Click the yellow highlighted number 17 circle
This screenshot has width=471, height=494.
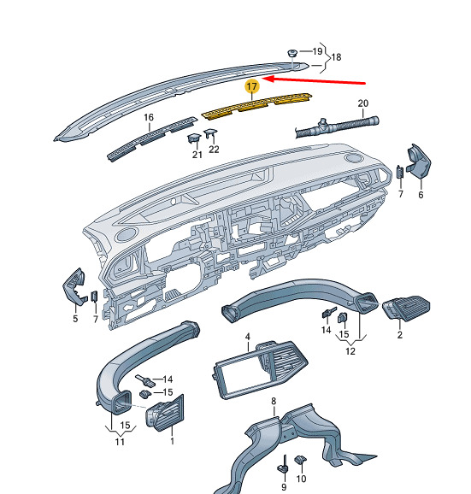point(251,86)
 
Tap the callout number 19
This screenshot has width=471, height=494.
point(317,51)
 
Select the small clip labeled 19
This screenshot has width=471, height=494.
point(292,53)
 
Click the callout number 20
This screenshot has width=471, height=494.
point(363,103)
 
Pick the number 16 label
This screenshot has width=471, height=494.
point(149,117)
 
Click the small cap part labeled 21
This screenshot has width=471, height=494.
point(194,138)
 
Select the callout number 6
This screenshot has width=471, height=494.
point(421,195)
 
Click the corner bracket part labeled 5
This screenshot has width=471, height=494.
point(75,285)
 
